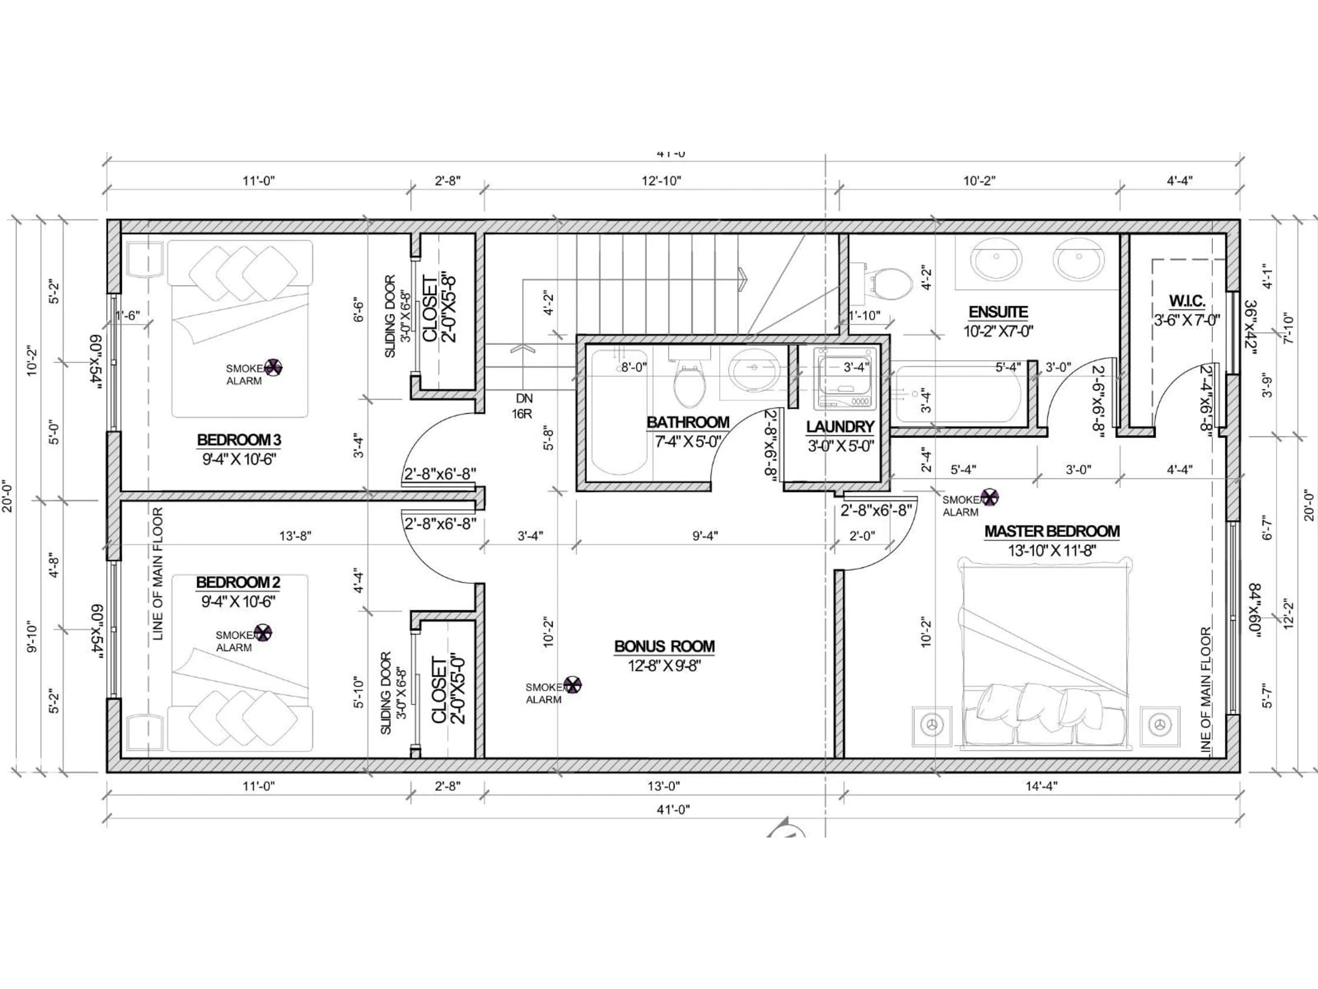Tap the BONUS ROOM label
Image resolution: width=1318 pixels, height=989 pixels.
pos(664,646)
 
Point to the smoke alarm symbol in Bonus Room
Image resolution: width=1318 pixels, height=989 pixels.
pos(573,685)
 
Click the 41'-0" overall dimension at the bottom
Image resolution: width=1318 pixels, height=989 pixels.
pos(673,809)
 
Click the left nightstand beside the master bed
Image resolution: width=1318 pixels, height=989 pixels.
pos(932,726)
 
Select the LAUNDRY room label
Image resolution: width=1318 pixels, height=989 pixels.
pos(840,427)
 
